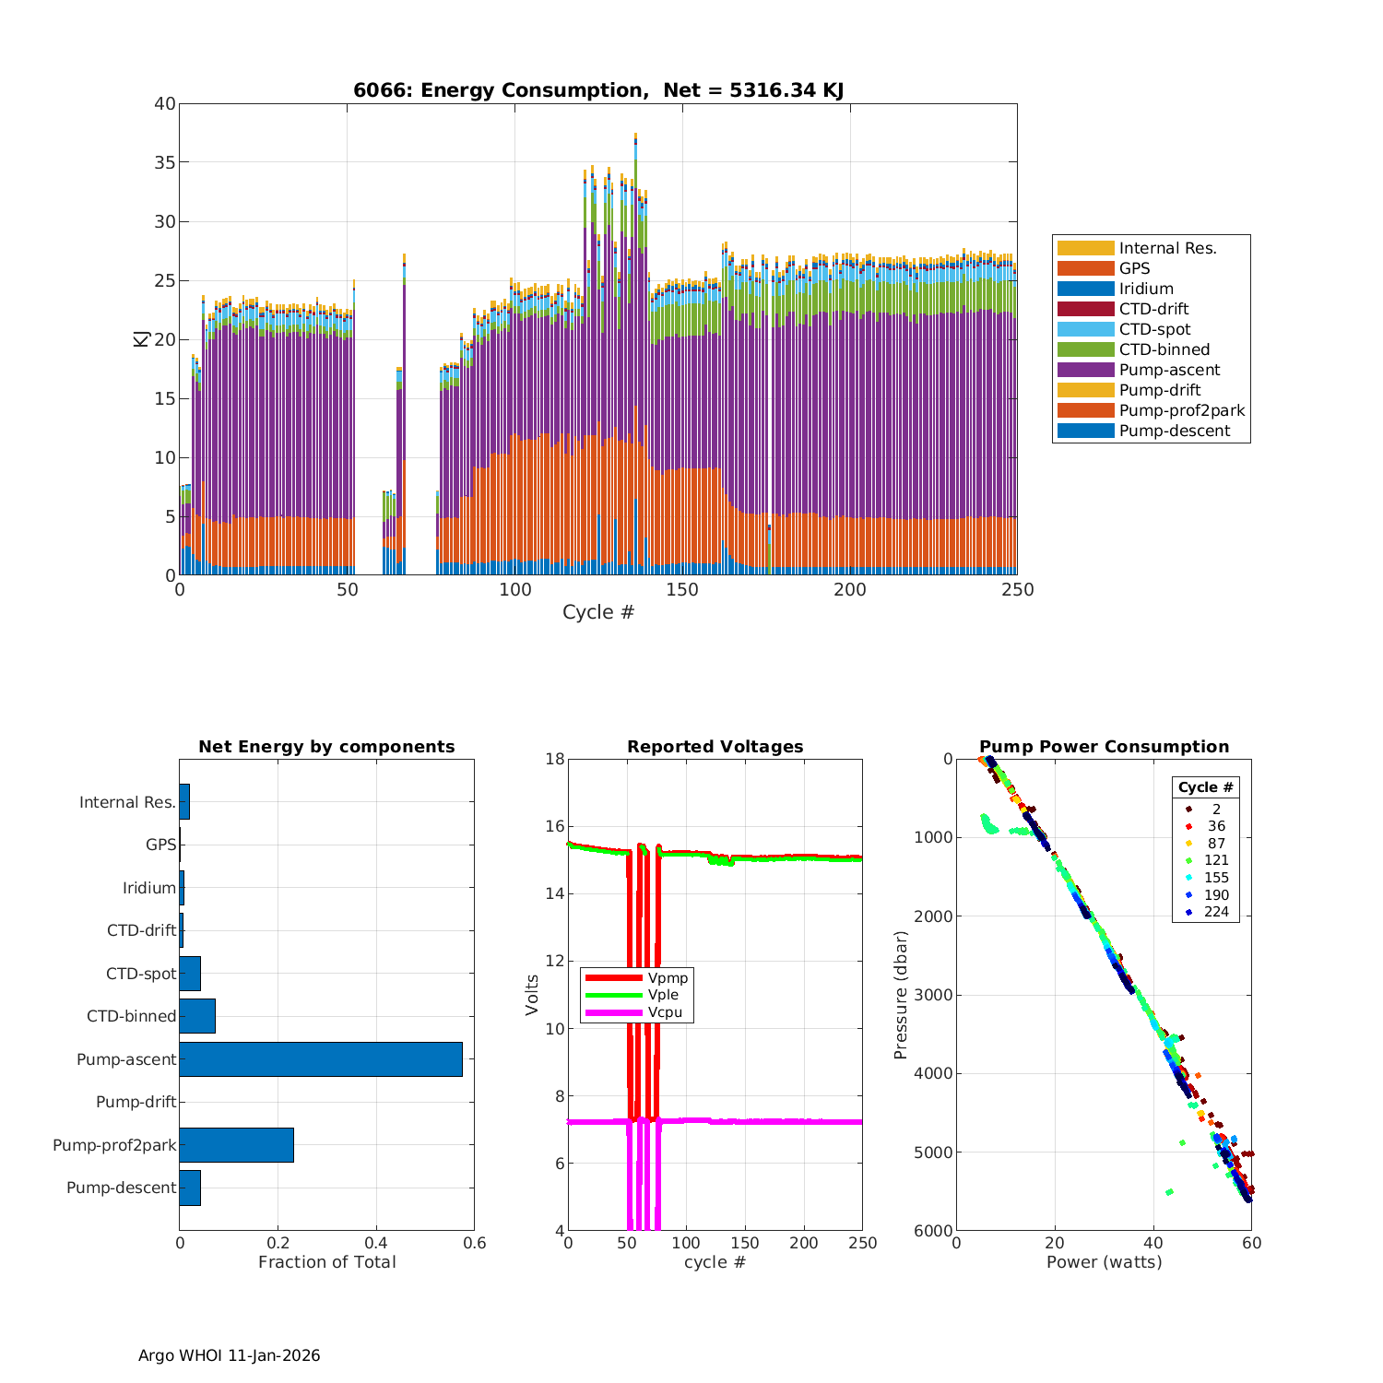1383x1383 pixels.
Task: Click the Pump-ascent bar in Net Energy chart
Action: point(320,1059)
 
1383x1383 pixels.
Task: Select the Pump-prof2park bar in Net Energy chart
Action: point(236,1145)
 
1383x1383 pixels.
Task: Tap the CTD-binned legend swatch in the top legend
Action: point(1085,349)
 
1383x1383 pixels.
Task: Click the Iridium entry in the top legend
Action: point(1146,289)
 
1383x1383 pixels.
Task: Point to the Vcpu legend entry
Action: point(665,1012)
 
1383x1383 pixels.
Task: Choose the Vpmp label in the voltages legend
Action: point(668,977)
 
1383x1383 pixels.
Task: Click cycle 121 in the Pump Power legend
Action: point(1216,860)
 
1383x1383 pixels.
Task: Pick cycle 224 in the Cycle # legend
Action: point(1216,912)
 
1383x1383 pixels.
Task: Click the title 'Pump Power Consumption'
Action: point(1104,747)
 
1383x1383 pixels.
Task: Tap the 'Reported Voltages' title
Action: point(715,747)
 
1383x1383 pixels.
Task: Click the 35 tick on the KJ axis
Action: point(165,162)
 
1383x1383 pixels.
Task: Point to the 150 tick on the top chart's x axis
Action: point(682,590)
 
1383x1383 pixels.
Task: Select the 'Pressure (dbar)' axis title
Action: point(902,995)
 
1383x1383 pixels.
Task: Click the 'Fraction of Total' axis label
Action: point(326,1262)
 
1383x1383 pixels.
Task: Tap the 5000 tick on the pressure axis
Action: point(935,1152)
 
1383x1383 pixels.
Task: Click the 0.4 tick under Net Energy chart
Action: point(375,1243)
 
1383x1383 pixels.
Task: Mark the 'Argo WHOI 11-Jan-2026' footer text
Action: point(229,1355)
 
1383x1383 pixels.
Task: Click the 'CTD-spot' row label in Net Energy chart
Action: point(140,974)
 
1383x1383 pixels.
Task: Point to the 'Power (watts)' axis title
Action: point(1104,1262)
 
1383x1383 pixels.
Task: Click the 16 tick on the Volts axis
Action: point(554,826)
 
